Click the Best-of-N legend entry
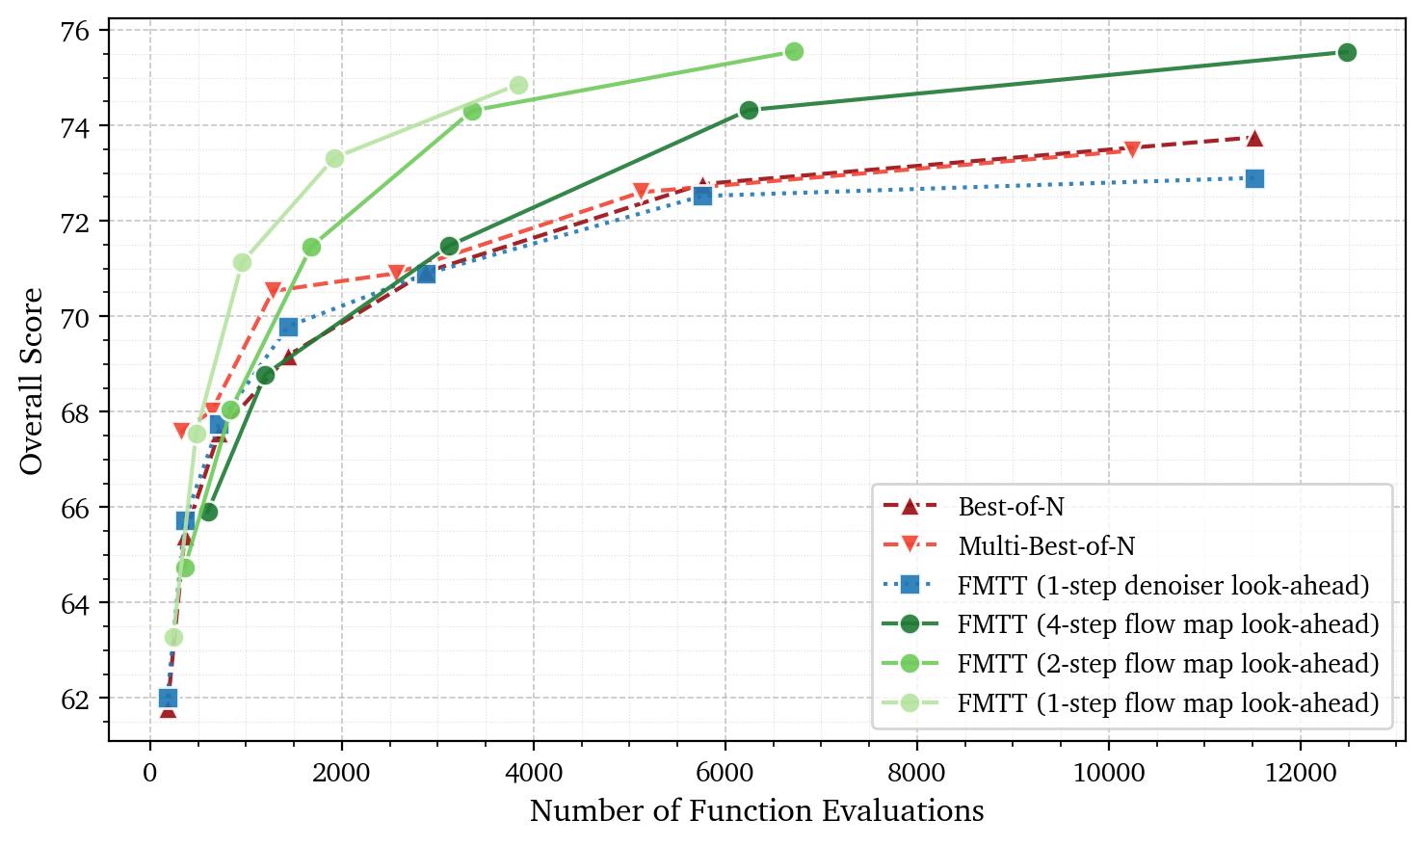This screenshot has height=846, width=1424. coord(1011,506)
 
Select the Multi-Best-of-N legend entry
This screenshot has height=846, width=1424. coord(1045,546)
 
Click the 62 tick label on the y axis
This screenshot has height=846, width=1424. coord(76,699)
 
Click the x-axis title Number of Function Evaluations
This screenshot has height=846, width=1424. coord(756,811)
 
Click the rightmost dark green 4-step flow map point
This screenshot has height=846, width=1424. coord(1347,52)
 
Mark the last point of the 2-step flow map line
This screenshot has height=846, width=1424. coord(794,51)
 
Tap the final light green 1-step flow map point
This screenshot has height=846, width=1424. coord(518,86)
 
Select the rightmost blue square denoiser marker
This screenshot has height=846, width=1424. coord(1254,178)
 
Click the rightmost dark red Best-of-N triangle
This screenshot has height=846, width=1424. coord(1254,139)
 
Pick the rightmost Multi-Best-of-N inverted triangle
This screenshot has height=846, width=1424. coord(1132,149)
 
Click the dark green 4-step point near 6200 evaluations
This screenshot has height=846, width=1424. coord(749,110)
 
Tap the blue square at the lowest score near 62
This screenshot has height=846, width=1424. coord(168,698)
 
